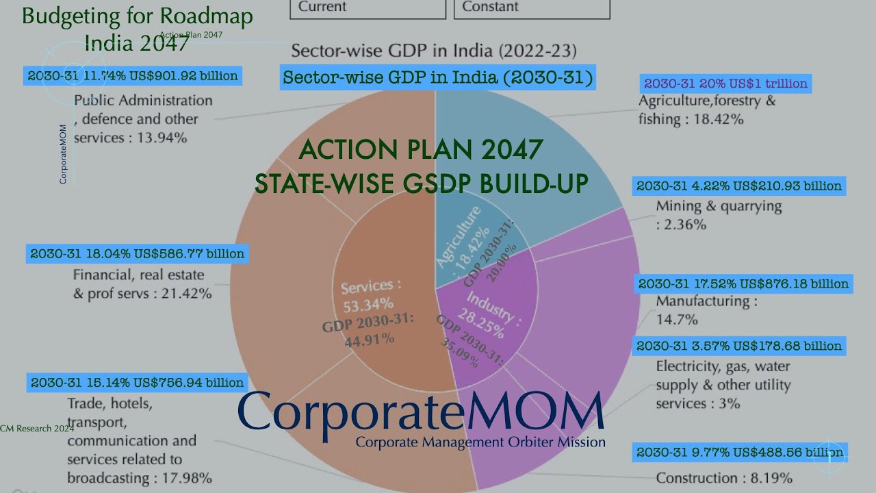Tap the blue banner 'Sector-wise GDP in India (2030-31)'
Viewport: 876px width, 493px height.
tap(438, 77)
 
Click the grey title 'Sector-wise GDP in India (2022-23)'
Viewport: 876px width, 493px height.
tap(434, 51)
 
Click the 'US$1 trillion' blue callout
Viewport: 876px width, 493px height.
tap(725, 84)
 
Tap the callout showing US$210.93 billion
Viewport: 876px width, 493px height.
tap(739, 186)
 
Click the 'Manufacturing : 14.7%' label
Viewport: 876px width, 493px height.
tap(706, 309)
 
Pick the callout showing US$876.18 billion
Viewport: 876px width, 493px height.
tap(743, 283)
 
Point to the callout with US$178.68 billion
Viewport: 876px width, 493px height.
tap(739, 346)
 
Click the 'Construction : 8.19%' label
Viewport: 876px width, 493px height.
tap(724, 478)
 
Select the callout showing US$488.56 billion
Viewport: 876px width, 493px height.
tap(740, 453)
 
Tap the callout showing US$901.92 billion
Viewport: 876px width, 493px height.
tap(133, 76)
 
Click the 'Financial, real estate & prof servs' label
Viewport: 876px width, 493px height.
tap(142, 285)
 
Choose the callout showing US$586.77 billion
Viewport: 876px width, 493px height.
tap(137, 254)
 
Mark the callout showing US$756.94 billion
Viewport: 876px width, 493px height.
tap(137, 383)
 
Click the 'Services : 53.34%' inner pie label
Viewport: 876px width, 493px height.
tap(370, 294)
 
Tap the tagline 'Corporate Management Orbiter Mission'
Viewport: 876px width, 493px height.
tap(480, 442)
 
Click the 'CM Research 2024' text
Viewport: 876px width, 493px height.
tap(37, 429)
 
